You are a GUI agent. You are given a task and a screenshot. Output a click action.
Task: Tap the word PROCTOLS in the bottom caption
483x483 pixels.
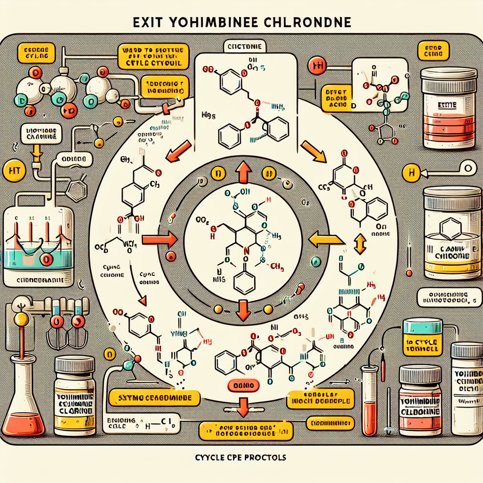point(263,458)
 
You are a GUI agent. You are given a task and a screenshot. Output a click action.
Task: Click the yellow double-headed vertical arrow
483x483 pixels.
point(361,244)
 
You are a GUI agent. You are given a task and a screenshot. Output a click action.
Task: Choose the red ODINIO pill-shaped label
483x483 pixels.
point(243,386)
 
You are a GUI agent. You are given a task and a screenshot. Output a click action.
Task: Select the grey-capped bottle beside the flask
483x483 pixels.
point(75,397)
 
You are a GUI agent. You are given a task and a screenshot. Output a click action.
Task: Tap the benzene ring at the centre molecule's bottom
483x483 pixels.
point(244,283)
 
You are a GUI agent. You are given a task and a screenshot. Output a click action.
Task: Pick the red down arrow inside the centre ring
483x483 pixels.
point(244,308)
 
